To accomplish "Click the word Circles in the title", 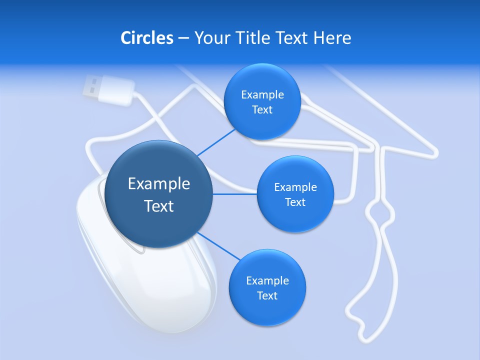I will [x=147, y=37].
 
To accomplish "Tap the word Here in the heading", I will [x=332, y=37].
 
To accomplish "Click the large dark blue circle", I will [x=159, y=194].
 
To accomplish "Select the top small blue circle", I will [x=262, y=102].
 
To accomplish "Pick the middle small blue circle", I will [x=295, y=194].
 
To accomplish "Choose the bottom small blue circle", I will [x=267, y=288].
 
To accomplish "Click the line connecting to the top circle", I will [x=216, y=141].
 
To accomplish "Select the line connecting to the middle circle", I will [x=234, y=194].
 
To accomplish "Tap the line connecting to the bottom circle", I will [x=218, y=246].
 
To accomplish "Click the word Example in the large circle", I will [x=159, y=183].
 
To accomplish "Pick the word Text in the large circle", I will [x=159, y=205].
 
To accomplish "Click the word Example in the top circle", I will [x=262, y=94].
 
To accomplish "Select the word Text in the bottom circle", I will [x=267, y=295].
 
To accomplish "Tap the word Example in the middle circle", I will [x=295, y=187].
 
